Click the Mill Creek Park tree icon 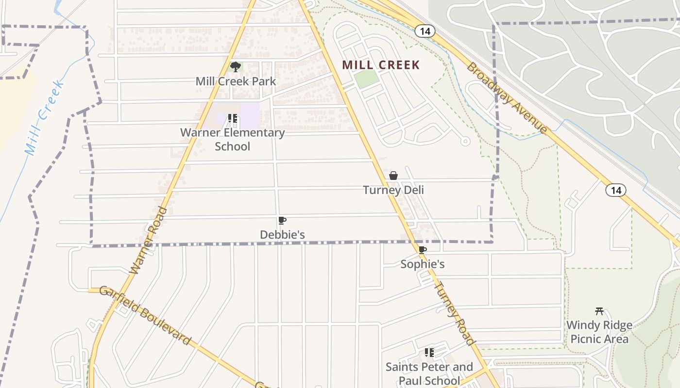pos(236,67)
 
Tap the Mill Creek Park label pos(236,81)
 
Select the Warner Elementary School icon pos(232,118)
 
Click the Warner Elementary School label pos(232,139)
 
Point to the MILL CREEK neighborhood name pos(381,65)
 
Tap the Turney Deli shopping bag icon pos(393,176)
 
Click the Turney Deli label pos(393,190)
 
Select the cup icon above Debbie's pos(282,221)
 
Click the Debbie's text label pos(282,235)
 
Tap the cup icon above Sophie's pos(423,250)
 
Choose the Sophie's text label pos(423,264)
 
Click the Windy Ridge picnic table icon pos(599,311)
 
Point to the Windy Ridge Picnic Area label pos(599,332)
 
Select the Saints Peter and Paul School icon pos(429,353)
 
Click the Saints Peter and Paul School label pos(429,373)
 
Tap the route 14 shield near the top pos(425,31)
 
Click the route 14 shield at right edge pos(616,190)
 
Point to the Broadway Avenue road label pos(507,97)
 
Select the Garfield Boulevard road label pos(145,315)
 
